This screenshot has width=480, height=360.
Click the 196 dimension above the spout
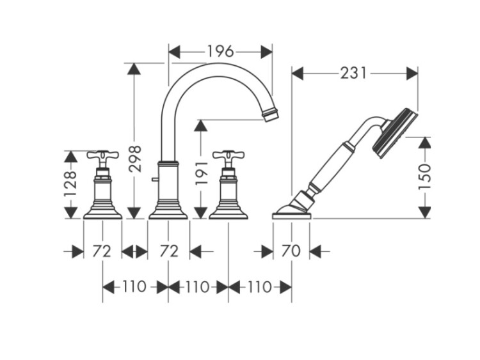pyautogui.click(x=220, y=51)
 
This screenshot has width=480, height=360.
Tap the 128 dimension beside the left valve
pyautogui.click(x=71, y=184)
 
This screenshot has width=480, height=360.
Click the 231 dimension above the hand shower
pyautogui.click(x=354, y=74)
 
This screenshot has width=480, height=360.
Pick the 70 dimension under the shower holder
pyautogui.click(x=291, y=251)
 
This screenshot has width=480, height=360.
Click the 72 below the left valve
pyautogui.click(x=102, y=251)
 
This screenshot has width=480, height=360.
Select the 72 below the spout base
pyautogui.click(x=168, y=251)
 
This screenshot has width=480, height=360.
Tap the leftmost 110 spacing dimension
pyautogui.click(x=135, y=287)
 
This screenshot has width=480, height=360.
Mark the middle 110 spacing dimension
pyautogui.click(x=198, y=287)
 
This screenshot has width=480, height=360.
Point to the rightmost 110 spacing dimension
pyautogui.click(x=260, y=287)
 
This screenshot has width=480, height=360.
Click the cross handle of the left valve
pyautogui.click(x=102, y=156)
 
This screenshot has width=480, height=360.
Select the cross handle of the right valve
pyautogui.click(x=228, y=156)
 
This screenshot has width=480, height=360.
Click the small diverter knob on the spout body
pyautogui.click(x=154, y=183)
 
